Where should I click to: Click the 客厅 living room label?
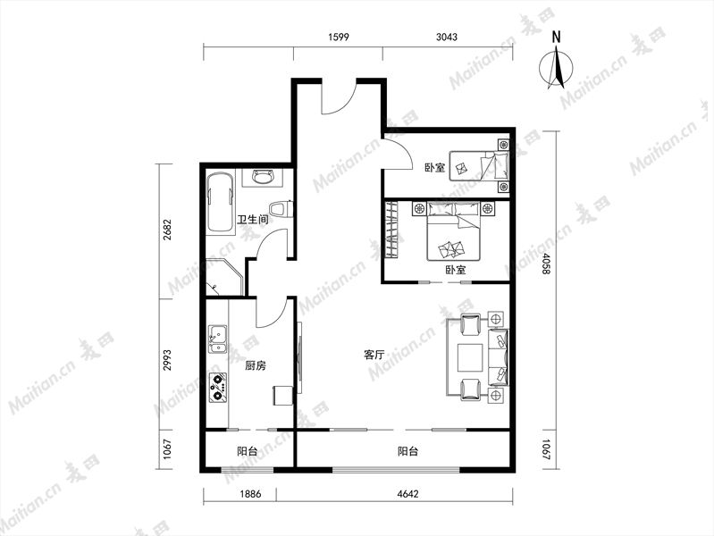(374, 355)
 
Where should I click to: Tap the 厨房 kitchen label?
(256, 365)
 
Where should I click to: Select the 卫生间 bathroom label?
(253, 220)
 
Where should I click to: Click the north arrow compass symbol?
(556, 63)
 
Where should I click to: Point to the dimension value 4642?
(407, 494)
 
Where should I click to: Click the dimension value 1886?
(250, 494)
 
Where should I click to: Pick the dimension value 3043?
(446, 37)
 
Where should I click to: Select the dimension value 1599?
(339, 37)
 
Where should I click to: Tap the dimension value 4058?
(545, 264)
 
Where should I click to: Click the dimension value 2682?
(167, 230)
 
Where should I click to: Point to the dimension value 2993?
(167, 360)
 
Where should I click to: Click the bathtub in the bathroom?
(221, 202)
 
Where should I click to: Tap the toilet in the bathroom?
(281, 209)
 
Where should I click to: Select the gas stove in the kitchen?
(218, 387)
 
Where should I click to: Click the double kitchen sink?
(218, 339)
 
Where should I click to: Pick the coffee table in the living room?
(470, 358)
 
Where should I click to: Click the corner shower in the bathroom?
(223, 277)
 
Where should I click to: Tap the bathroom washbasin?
(265, 177)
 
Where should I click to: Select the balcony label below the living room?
(408, 451)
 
